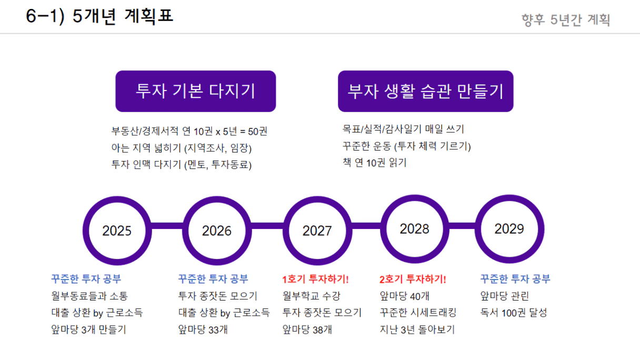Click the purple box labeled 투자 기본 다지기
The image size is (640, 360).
tap(195, 91)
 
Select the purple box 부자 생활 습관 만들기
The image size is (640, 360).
tap(425, 91)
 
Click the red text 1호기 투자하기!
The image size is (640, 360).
tap(315, 279)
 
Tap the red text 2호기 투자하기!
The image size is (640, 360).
tap(413, 279)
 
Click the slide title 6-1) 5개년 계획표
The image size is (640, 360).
tap(99, 16)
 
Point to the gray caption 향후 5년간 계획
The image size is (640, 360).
tap(566, 20)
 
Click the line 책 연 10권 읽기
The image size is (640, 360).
tap(375, 163)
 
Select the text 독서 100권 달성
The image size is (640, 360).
tap(514, 313)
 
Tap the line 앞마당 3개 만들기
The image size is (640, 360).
tap(88, 329)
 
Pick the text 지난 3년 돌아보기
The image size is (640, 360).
tap(417, 329)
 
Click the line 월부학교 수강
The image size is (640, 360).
tap(311, 296)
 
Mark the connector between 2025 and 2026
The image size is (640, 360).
tap(167, 226)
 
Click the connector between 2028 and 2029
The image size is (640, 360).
tap(462, 226)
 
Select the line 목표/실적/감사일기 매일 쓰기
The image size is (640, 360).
tap(403, 129)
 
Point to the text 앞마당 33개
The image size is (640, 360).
tap(203, 329)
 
